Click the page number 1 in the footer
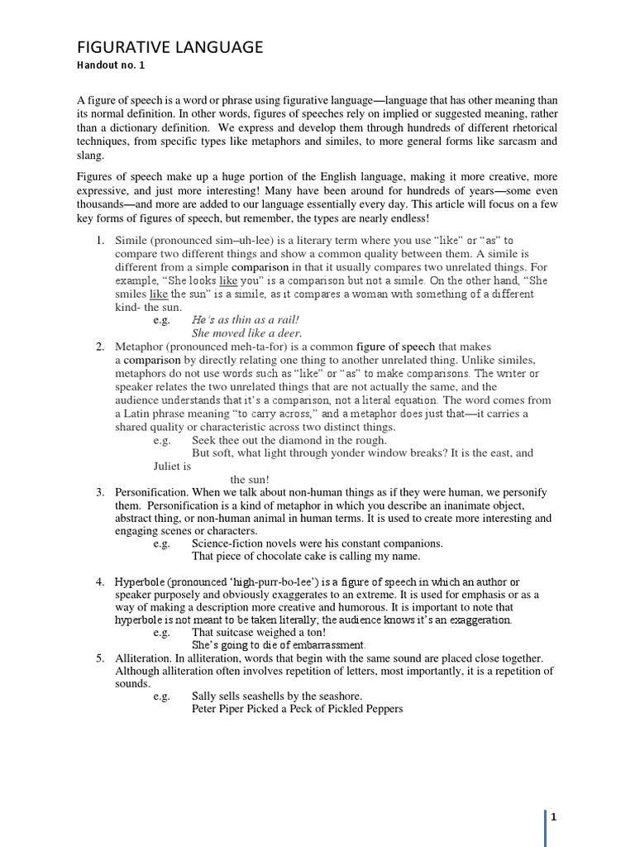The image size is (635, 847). click(x=553, y=817)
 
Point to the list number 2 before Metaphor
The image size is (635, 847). click(x=99, y=347)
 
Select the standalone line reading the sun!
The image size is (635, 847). click(x=250, y=479)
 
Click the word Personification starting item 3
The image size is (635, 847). click(x=152, y=492)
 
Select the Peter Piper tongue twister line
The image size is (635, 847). click(x=297, y=709)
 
